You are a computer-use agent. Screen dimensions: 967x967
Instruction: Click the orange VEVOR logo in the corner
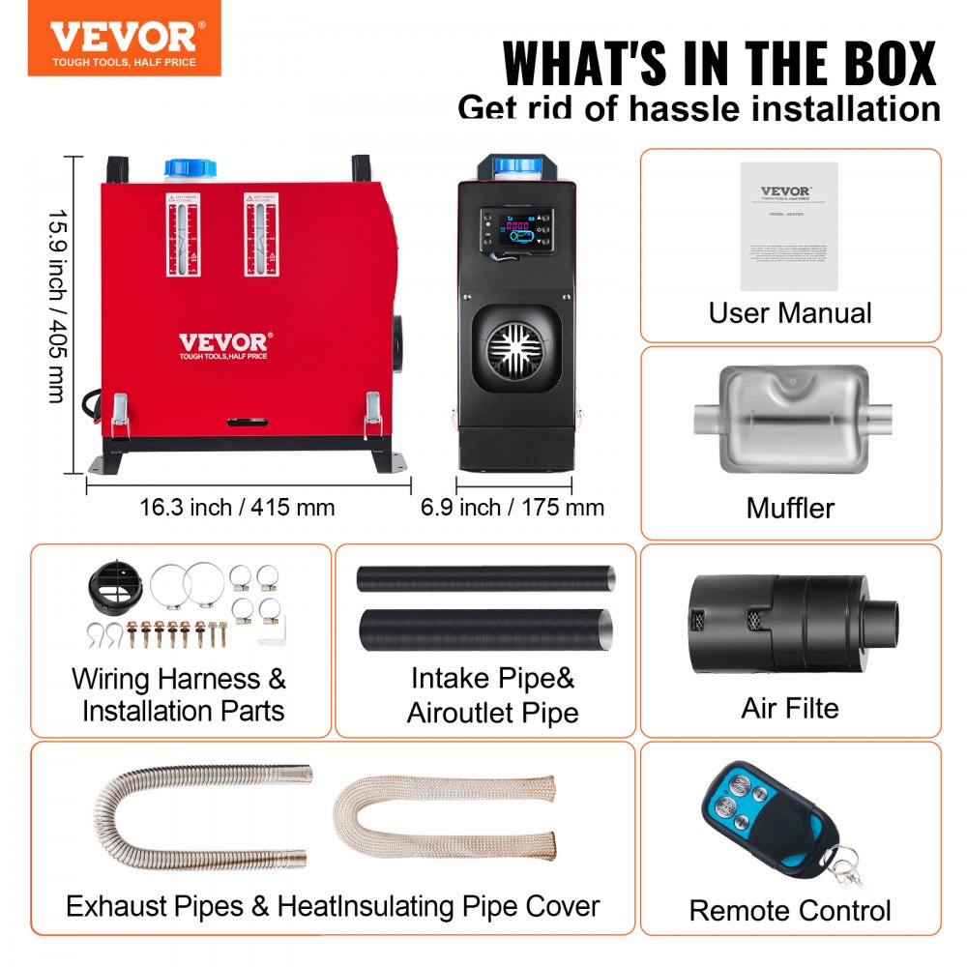tap(124, 38)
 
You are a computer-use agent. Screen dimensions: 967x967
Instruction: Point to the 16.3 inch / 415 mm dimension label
tap(237, 507)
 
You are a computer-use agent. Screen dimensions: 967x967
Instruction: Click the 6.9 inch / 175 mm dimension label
tap(513, 507)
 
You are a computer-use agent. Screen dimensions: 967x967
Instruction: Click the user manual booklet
tap(788, 225)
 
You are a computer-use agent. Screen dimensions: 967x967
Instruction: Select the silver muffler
tap(789, 418)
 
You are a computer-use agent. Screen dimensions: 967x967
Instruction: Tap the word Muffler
tap(790, 508)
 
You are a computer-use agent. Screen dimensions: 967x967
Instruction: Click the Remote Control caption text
tap(790, 910)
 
